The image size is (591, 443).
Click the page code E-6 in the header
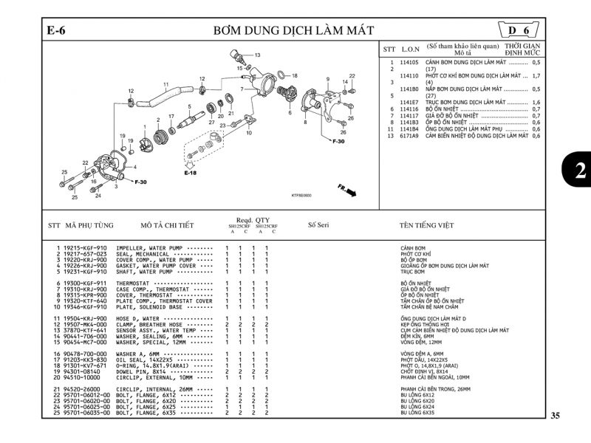[57, 30]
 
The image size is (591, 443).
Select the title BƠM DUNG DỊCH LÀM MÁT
[293, 30]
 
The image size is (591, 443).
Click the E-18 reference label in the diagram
[191, 173]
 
